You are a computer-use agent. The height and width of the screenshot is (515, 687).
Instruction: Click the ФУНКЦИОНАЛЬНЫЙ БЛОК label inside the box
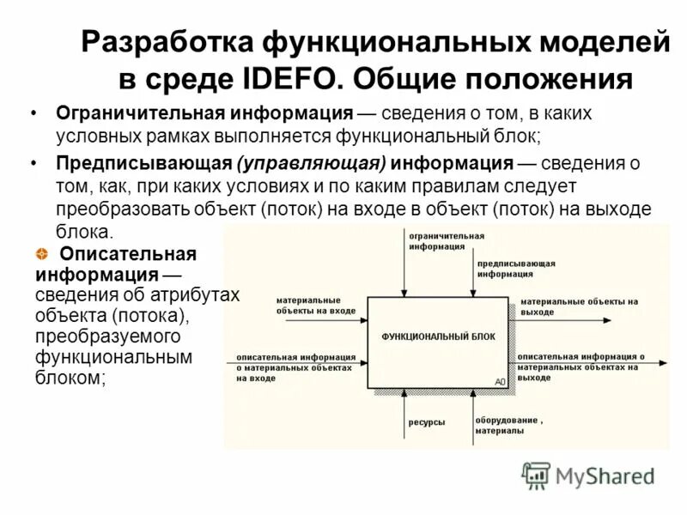tap(438, 336)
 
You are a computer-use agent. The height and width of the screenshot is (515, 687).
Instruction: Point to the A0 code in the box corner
tap(500, 381)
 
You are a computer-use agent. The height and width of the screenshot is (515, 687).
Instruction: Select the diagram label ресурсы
tap(426, 422)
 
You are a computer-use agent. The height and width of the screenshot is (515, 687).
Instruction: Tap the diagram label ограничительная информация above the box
tap(446, 239)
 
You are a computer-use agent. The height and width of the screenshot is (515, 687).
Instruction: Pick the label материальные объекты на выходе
tap(579, 306)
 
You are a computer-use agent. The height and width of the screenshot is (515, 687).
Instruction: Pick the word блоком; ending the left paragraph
tap(70, 376)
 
